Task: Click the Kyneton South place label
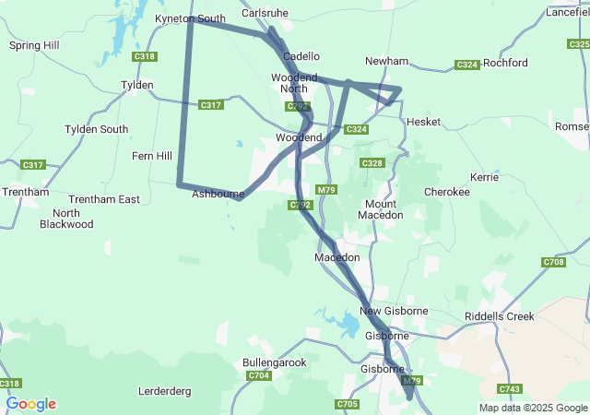click(191, 18)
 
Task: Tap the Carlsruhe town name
click(266, 14)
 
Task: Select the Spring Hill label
click(33, 44)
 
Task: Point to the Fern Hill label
click(152, 156)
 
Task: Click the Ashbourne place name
click(218, 195)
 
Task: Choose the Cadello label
click(301, 56)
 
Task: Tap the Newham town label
click(386, 61)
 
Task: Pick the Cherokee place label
click(446, 192)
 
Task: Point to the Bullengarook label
click(274, 362)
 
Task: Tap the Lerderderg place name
click(164, 391)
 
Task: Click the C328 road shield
click(372, 163)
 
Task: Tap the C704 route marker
click(259, 376)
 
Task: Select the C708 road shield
click(553, 263)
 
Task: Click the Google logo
click(31, 404)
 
